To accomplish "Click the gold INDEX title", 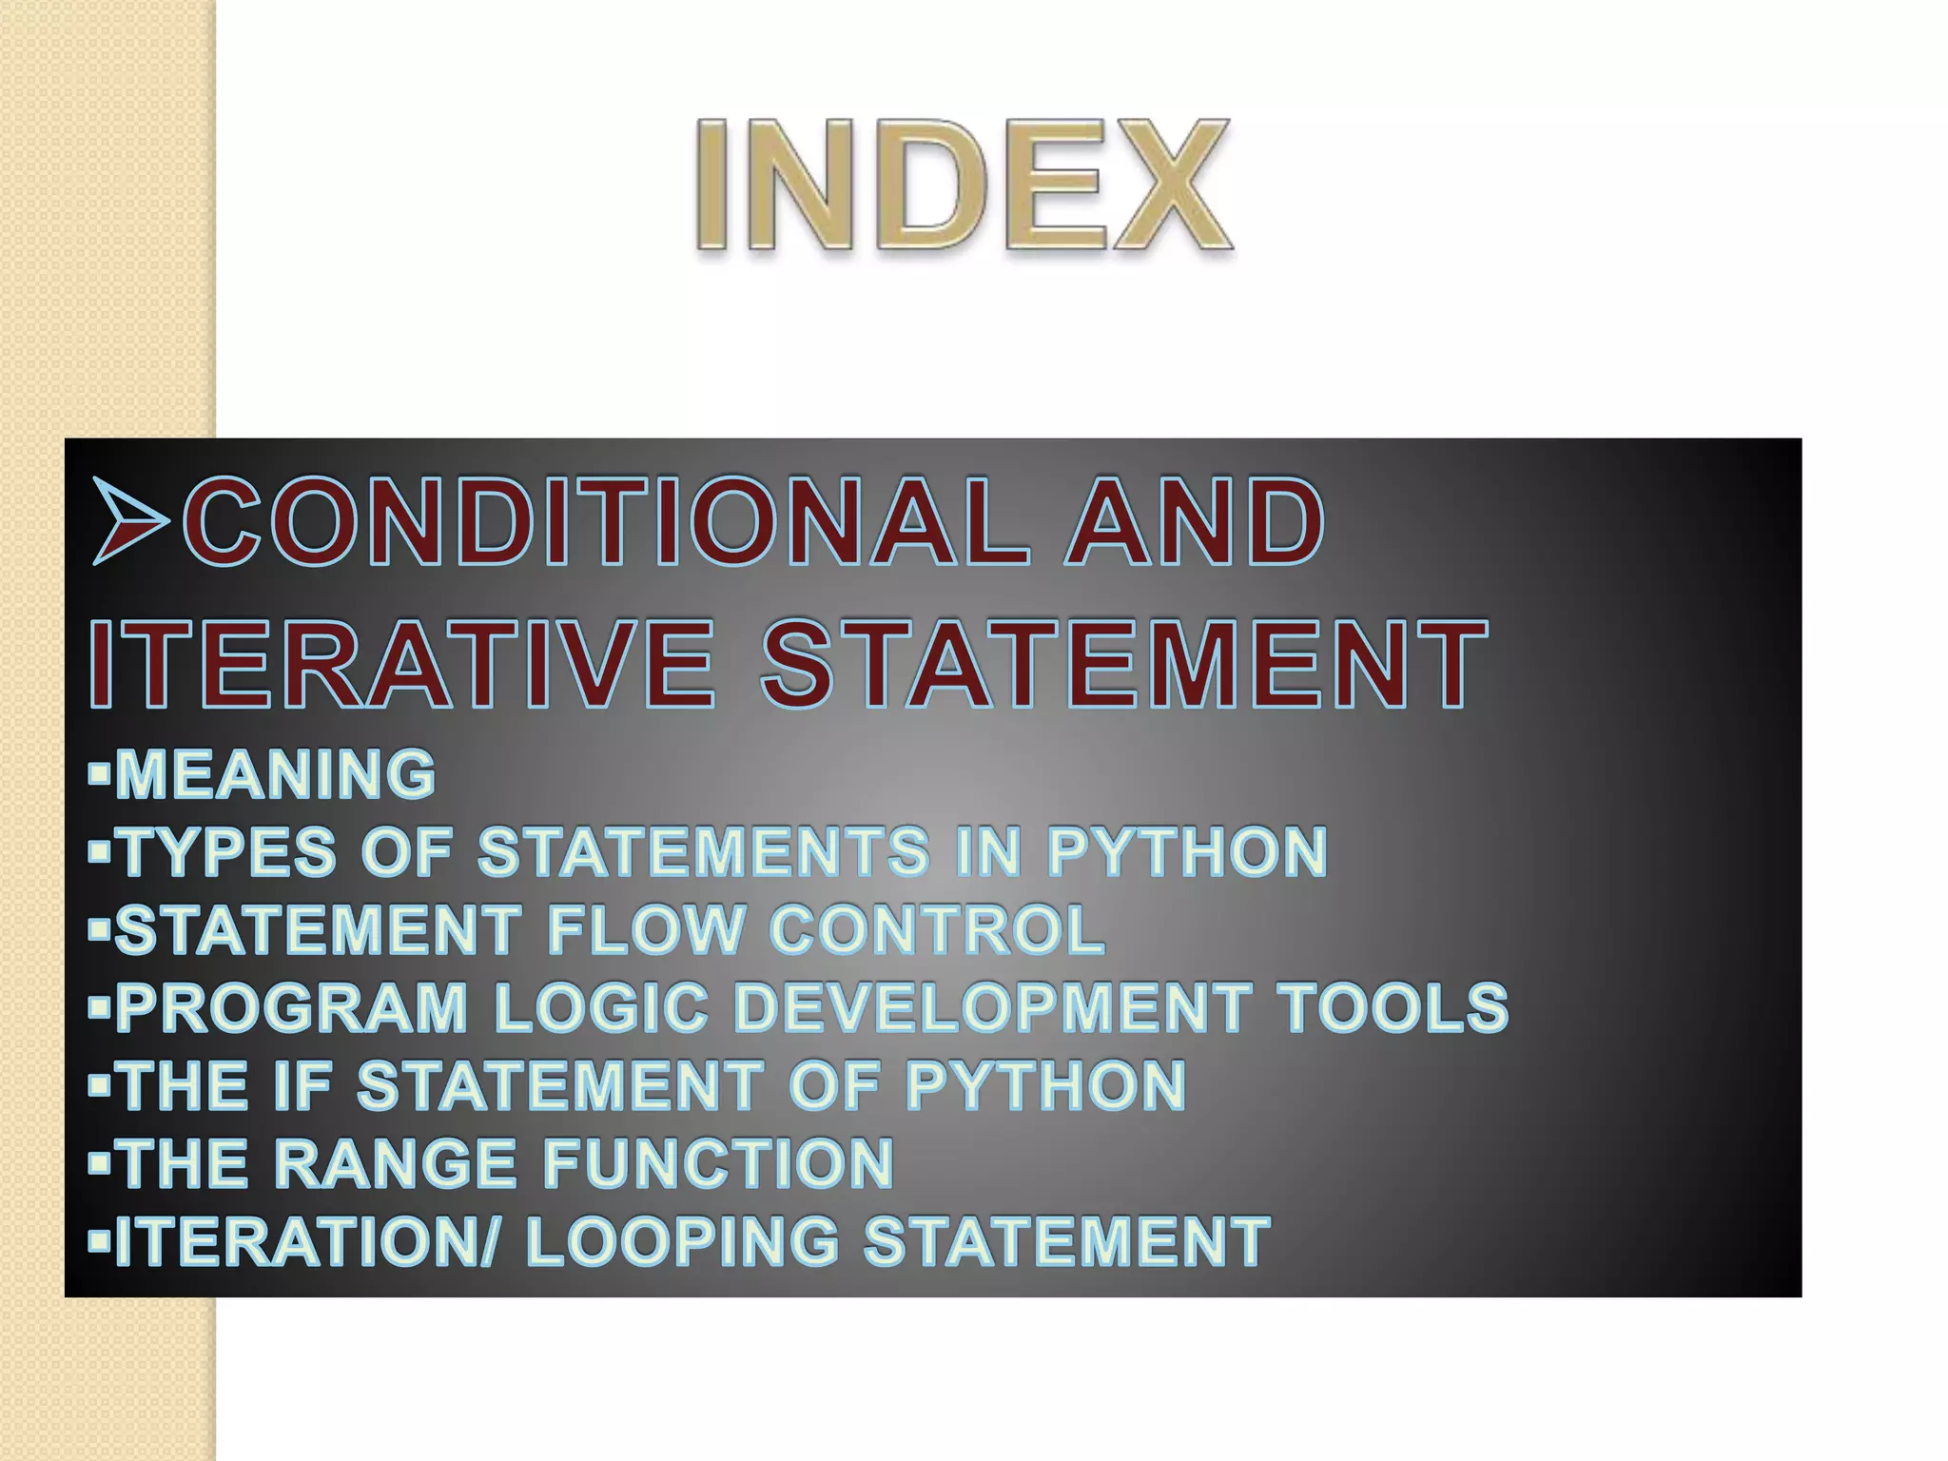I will click(964, 185).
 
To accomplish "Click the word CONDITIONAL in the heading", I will click(605, 521).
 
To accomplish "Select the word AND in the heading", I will click(1195, 521).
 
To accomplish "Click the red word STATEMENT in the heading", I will click(1123, 664).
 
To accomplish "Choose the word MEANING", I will click(276, 773).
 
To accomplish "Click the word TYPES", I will click(229, 851).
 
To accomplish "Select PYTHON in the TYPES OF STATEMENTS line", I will click(1186, 851).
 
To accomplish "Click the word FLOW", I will click(646, 929).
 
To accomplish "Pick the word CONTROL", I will click(937, 929).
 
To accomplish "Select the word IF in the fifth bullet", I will click(302, 1085).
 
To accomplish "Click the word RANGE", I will click(396, 1163).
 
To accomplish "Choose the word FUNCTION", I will click(718, 1163).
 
